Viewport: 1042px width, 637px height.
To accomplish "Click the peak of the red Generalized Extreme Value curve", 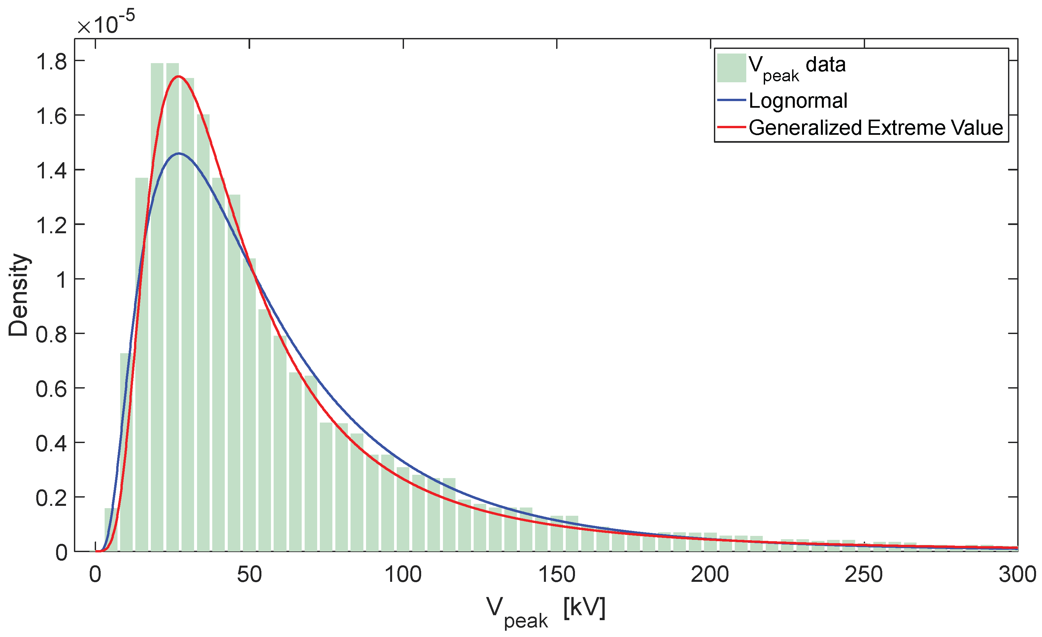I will click(x=179, y=77).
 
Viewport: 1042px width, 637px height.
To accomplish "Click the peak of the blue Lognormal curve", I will click(x=179, y=153).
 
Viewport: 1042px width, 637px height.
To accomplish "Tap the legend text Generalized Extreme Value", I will click(x=875, y=128).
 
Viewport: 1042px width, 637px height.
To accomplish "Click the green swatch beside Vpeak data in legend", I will click(x=731, y=68).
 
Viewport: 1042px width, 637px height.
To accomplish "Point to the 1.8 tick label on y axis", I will click(x=51, y=62).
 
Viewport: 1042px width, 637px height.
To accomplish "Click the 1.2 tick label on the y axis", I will click(x=51, y=226).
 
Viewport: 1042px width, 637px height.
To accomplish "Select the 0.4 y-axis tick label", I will click(x=51, y=444).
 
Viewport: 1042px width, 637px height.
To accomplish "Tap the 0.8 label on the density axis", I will click(x=51, y=335).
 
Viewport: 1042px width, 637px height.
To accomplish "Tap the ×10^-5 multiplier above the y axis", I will click(x=106, y=23).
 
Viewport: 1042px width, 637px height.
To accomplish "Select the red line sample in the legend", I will click(x=731, y=127).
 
